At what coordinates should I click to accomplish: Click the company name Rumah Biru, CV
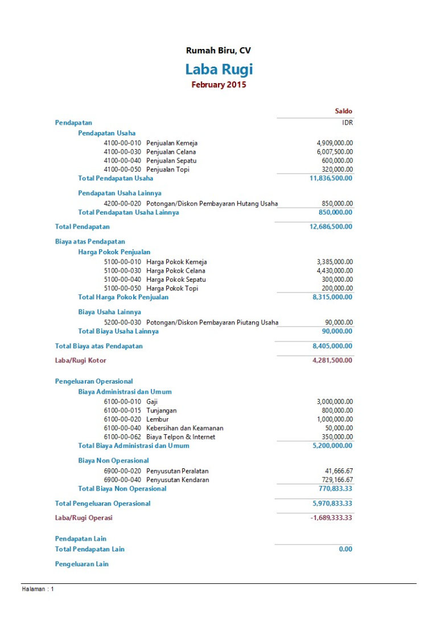(218, 51)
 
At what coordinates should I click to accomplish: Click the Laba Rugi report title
(218, 69)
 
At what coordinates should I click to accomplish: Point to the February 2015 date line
(218, 85)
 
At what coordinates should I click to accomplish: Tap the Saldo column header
(343, 112)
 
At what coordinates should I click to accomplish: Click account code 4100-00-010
(122, 143)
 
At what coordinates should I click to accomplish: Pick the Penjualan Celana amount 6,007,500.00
(335, 152)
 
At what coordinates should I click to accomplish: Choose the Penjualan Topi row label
(168, 169)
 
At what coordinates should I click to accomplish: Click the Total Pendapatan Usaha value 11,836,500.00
(331, 178)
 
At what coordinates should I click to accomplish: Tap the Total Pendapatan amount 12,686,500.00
(331, 226)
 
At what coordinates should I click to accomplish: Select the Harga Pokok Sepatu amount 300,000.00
(337, 279)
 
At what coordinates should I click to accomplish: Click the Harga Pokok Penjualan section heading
(114, 252)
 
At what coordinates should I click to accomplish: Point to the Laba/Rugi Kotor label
(80, 360)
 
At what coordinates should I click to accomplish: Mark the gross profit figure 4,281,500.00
(332, 360)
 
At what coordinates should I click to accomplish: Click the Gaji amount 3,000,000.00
(335, 402)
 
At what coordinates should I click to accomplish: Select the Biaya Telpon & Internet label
(180, 437)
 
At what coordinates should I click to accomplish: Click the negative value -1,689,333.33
(331, 518)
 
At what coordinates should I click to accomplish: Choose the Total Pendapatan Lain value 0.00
(345, 549)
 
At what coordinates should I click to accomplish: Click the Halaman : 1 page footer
(38, 589)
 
